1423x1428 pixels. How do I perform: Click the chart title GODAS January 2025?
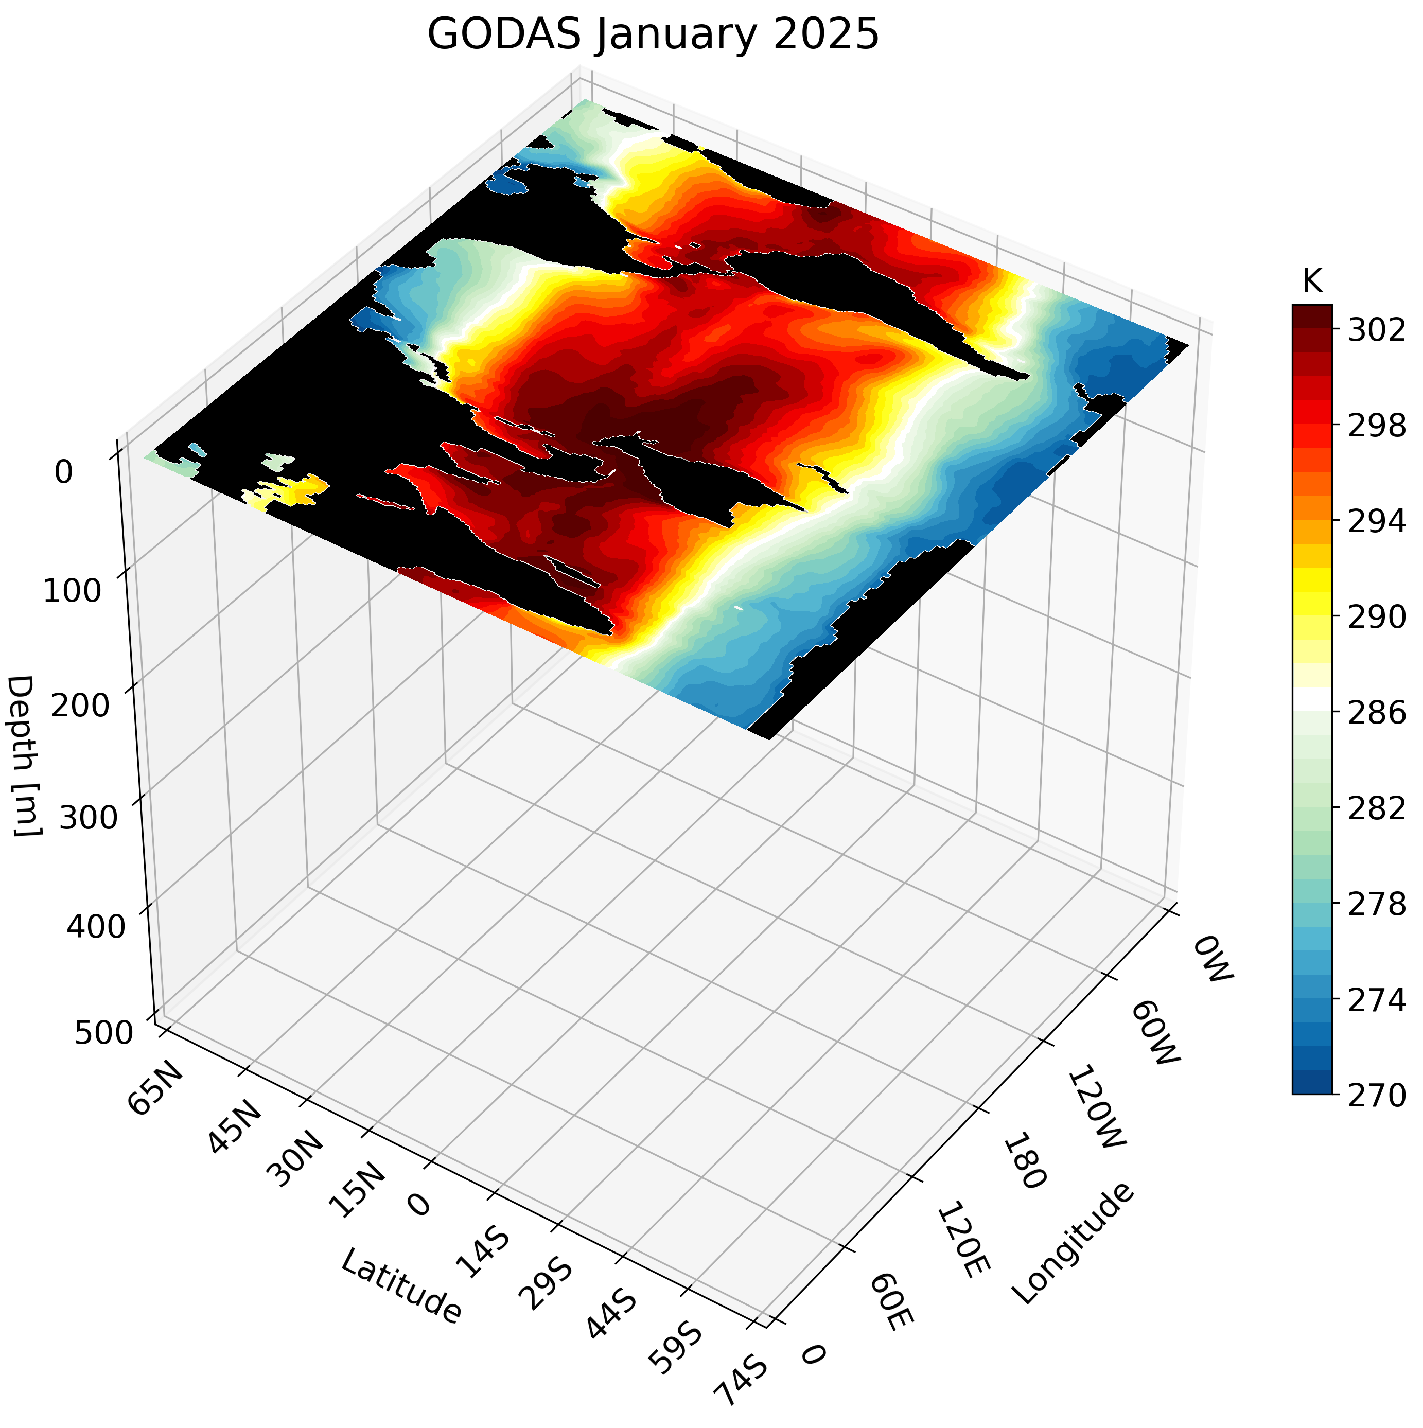click(x=654, y=36)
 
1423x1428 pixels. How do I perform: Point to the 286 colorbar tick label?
click(x=1377, y=713)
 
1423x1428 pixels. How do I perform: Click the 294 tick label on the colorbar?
click(x=1377, y=522)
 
